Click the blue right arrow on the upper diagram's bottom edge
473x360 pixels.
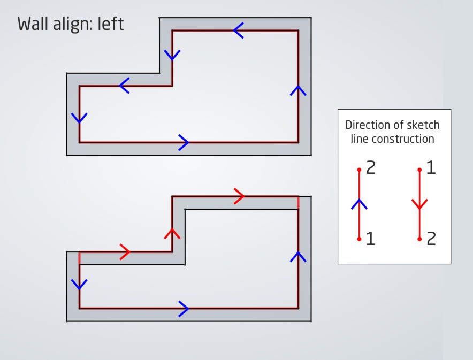(183, 142)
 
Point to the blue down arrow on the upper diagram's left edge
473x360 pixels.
(79, 118)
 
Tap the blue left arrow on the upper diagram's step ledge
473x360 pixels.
(124, 86)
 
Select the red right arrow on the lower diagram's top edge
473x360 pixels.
(239, 196)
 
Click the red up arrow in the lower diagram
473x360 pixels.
(172, 233)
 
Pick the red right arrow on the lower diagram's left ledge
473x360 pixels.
(125, 251)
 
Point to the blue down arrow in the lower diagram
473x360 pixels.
(79, 284)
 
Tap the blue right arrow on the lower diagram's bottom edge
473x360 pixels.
(183, 308)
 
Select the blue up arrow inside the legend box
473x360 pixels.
(359, 204)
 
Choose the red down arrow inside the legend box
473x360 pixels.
(419, 204)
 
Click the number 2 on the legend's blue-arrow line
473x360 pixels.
(371, 168)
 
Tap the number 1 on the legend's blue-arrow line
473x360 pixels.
(370, 239)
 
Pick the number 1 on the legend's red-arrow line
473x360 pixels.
(431, 168)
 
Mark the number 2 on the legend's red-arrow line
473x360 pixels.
(431, 239)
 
